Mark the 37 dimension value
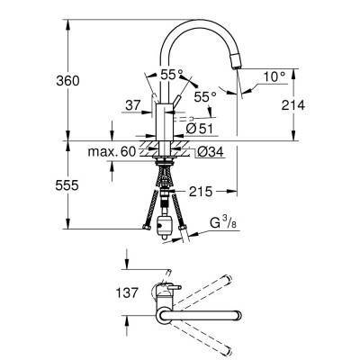[134, 105]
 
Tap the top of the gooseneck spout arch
[193, 21]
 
